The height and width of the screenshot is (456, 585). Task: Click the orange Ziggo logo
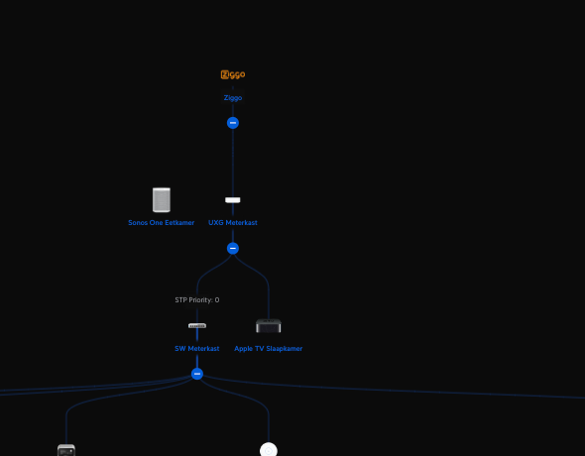coord(233,74)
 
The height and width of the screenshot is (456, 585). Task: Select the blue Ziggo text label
coord(233,98)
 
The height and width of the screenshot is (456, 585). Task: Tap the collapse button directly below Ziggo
coord(233,123)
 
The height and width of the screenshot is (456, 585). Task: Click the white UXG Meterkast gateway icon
coord(233,200)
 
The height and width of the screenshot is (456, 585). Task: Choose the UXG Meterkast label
coord(233,223)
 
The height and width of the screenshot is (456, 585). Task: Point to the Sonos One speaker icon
coord(162,200)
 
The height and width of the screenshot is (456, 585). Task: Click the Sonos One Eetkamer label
coord(162,223)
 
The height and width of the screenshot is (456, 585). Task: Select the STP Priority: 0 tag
coord(197,299)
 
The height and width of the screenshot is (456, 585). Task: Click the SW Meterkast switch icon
coord(197,326)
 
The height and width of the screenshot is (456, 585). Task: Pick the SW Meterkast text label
coord(197,349)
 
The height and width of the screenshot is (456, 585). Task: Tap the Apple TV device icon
coord(269,325)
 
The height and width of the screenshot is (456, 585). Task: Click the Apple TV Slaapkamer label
coord(269,349)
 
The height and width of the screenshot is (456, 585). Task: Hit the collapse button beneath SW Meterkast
coord(197,374)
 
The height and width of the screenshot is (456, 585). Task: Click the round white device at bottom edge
coord(269,449)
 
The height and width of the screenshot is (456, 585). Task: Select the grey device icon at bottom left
coord(66,450)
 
